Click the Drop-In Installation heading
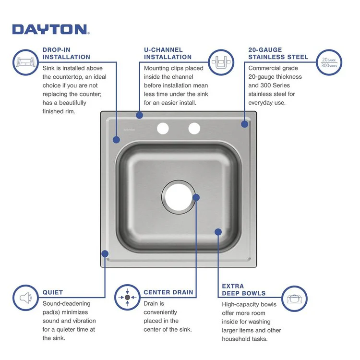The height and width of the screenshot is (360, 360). (x=66, y=53)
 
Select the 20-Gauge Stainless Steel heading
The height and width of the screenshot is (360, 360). (x=278, y=53)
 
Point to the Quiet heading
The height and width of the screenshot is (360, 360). (x=52, y=292)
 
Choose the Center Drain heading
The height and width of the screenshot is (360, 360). (x=168, y=292)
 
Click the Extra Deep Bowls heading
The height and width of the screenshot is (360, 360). (x=243, y=289)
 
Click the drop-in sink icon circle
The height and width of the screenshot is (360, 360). (x=25, y=62)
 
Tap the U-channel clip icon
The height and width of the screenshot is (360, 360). (x=221, y=62)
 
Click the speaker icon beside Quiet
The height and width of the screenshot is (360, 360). (x=25, y=298)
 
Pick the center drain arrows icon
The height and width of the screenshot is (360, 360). (x=127, y=298)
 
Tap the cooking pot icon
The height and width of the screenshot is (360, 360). (x=294, y=298)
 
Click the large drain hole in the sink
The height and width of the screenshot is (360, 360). (x=178, y=197)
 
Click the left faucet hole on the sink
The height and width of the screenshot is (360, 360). (x=163, y=128)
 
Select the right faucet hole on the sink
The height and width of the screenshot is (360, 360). (x=194, y=128)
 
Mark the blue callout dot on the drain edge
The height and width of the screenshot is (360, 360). (x=196, y=197)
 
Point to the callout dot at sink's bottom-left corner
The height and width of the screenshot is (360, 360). (x=105, y=253)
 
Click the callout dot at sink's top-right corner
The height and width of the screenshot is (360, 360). (x=244, y=124)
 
